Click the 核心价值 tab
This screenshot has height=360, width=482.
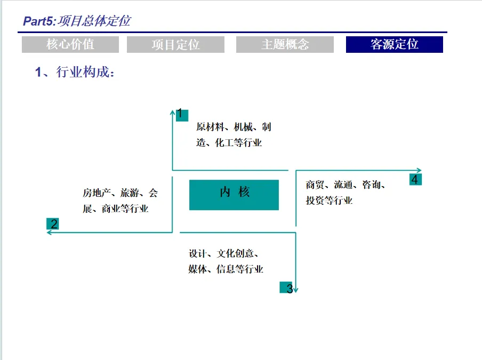pyautogui.click(x=70, y=45)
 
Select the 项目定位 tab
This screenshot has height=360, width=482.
pyautogui.click(x=175, y=45)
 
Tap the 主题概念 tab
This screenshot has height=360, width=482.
pyautogui.click(x=285, y=45)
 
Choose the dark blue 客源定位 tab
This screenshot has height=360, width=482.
pyautogui.click(x=394, y=45)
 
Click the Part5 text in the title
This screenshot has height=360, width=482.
pyautogui.click(x=38, y=21)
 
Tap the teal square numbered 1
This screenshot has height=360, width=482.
pyautogui.click(x=180, y=114)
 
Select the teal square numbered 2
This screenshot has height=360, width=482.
pyautogui.click(x=52, y=223)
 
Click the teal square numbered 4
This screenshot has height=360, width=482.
pyautogui.click(x=415, y=179)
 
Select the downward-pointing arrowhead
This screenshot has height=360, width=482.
pyautogui.click(x=295, y=290)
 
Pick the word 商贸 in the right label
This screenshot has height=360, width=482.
pyautogui.click(x=314, y=186)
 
